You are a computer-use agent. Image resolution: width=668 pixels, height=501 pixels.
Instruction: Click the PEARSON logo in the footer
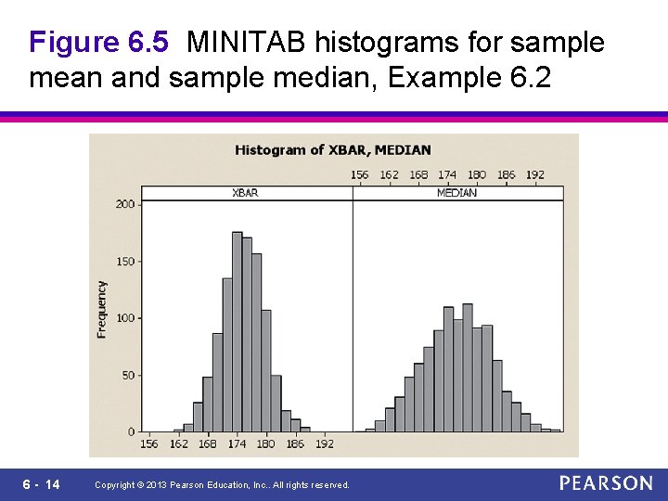click(x=606, y=483)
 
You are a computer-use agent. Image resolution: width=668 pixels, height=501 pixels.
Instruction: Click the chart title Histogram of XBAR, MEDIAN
click(x=332, y=149)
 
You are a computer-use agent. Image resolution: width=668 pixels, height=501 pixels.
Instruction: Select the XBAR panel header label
click(x=246, y=193)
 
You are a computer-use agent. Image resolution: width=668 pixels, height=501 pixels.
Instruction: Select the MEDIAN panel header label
click(x=456, y=193)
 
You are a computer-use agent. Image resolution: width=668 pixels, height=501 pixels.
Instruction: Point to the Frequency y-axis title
click(x=102, y=310)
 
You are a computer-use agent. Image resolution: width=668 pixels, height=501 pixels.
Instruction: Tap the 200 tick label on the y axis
click(x=124, y=204)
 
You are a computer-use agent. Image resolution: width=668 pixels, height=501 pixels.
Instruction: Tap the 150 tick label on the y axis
click(x=124, y=262)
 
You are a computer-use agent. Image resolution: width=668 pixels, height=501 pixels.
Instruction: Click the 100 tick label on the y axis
click(x=124, y=318)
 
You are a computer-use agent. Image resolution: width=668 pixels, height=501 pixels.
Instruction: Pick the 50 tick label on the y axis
click(x=127, y=376)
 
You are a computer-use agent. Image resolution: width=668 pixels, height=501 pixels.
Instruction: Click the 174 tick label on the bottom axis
click(x=237, y=444)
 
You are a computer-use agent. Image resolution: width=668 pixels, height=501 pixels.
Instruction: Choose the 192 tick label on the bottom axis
click(x=324, y=444)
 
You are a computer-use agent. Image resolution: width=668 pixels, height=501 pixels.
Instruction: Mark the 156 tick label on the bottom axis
click(x=149, y=444)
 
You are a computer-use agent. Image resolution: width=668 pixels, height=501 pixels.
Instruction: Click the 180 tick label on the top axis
click(x=477, y=174)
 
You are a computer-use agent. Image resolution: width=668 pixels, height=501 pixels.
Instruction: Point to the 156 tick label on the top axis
click(x=360, y=174)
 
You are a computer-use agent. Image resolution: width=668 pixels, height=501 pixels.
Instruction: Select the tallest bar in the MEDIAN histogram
click(x=468, y=367)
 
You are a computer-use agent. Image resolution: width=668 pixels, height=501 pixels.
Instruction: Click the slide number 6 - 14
click(x=40, y=484)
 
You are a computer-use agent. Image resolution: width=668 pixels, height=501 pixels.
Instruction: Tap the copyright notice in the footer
click(x=223, y=485)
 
